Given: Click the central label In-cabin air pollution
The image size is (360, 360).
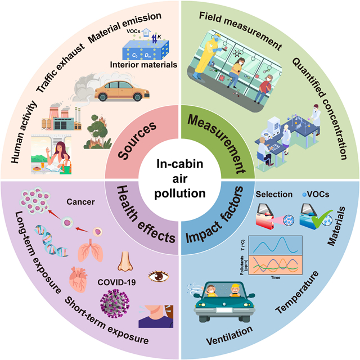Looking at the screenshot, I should (x=179, y=179).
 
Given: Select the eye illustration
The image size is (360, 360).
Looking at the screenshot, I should (x=158, y=276).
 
